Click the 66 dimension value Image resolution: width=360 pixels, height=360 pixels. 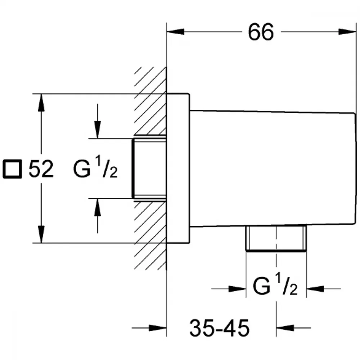[261, 32]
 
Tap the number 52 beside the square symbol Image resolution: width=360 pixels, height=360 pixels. [41, 169]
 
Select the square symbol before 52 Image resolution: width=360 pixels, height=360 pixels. [12, 169]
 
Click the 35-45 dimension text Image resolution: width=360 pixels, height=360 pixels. [219, 328]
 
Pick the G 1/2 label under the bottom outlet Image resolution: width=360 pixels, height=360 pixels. [275, 284]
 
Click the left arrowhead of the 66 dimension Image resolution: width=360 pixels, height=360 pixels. [175, 32]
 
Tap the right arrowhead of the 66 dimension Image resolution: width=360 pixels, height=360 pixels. [347, 32]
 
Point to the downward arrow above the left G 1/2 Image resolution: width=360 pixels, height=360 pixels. [98, 121]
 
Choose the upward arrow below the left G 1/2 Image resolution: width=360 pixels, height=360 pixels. [98, 216]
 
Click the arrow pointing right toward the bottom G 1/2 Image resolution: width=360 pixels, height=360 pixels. [229, 289]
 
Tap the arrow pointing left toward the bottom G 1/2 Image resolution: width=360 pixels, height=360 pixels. [324, 289]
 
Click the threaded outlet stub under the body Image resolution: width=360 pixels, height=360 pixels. [276, 238]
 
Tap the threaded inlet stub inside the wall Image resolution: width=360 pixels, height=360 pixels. [149, 168]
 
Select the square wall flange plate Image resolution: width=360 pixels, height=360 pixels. [178, 168]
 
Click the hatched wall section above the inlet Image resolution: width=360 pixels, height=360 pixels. [150, 101]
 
